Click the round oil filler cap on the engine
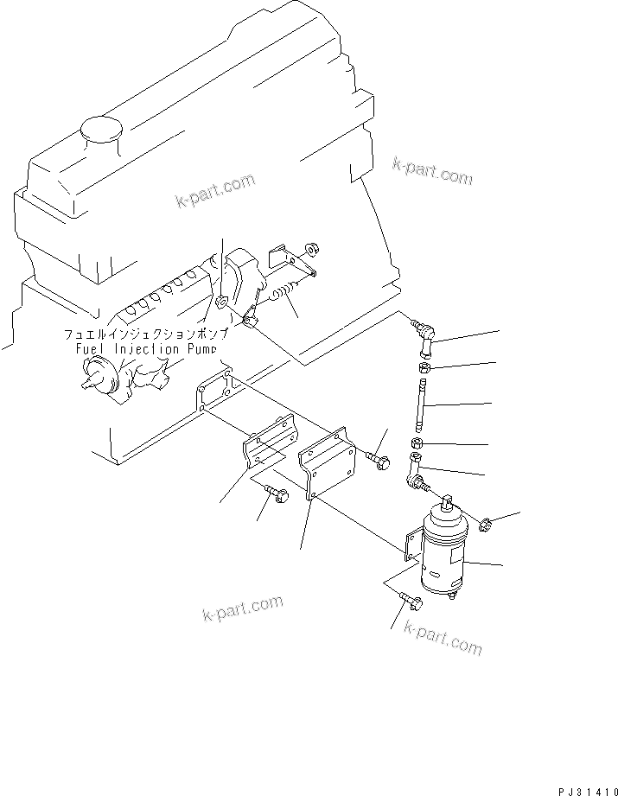tap(100, 131)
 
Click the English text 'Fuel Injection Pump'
tap(144, 349)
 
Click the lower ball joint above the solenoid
tap(414, 473)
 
